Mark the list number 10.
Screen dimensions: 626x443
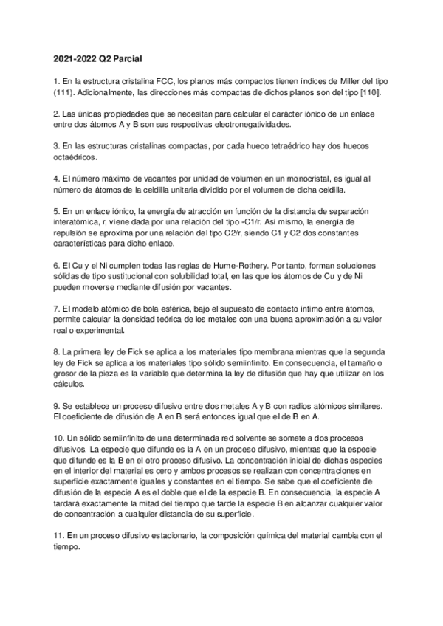click(59, 438)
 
